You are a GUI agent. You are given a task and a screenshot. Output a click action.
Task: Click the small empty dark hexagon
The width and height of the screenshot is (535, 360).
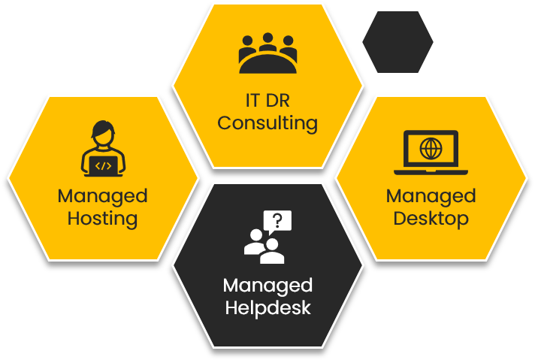pyautogui.click(x=397, y=42)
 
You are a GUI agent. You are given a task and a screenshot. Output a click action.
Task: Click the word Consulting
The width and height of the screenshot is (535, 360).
pyautogui.click(x=267, y=123)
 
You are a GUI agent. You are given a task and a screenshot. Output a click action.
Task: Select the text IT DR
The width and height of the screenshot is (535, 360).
pyautogui.click(x=267, y=100)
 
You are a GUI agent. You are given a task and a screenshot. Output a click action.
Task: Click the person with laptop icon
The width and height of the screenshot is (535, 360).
pyautogui.click(x=103, y=150)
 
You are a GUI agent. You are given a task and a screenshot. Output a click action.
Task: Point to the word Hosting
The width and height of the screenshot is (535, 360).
pyautogui.click(x=103, y=219)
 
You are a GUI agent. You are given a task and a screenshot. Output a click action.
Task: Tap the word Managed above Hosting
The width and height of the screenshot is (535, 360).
pyautogui.click(x=103, y=196)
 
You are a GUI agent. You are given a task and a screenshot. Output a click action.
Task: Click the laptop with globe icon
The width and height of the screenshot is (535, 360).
pyautogui.click(x=431, y=151)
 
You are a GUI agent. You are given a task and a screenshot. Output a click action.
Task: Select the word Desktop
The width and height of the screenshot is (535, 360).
pyautogui.click(x=431, y=219)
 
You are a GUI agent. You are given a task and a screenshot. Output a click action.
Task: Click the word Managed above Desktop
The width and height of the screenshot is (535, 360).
pyautogui.click(x=431, y=196)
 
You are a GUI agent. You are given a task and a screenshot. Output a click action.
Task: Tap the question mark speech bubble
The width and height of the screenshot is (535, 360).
pyautogui.click(x=277, y=221)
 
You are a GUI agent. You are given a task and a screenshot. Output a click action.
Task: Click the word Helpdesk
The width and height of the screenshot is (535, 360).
pyautogui.click(x=267, y=308)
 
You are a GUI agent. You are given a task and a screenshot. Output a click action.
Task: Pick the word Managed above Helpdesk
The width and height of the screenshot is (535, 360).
pyautogui.click(x=267, y=286)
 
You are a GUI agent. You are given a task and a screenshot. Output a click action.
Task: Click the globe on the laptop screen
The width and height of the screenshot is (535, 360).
pyautogui.click(x=431, y=147)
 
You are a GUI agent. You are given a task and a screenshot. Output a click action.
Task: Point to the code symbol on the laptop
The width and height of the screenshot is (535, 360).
pyautogui.click(x=104, y=165)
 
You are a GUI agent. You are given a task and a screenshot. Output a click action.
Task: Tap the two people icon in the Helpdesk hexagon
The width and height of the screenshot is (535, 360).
pyautogui.click(x=264, y=246)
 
